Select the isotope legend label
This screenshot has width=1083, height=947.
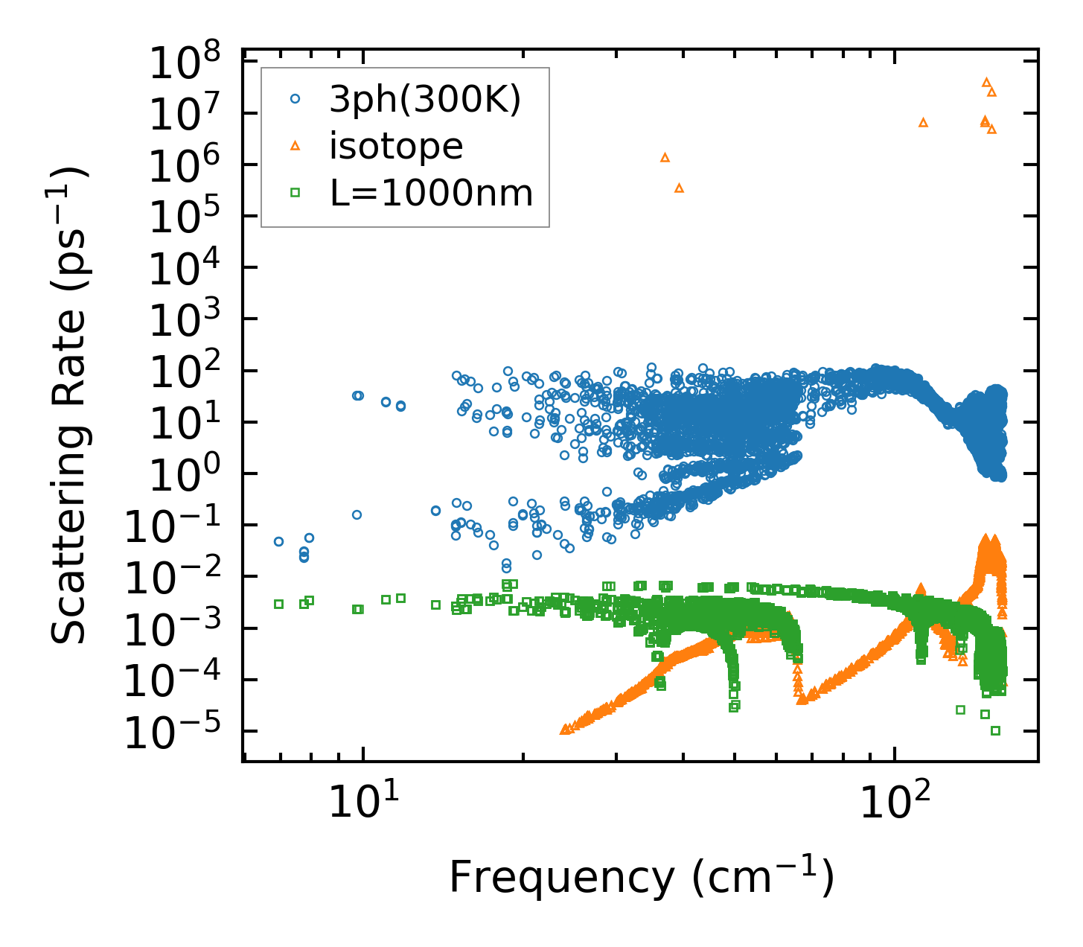click(396, 147)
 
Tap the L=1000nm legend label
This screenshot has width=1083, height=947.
click(432, 194)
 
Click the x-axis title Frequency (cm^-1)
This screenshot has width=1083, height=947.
click(641, 877)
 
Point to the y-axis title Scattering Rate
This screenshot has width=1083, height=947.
click(70, 406)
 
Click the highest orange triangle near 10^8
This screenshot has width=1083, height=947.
click(986, 82)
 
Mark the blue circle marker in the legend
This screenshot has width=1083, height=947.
click(295, 100)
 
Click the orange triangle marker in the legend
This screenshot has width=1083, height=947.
click(295, 146)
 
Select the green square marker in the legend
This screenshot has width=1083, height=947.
click(295, 193)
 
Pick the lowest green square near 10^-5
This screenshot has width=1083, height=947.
click(995, 730)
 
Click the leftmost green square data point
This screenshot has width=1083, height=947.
click(278, 604)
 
